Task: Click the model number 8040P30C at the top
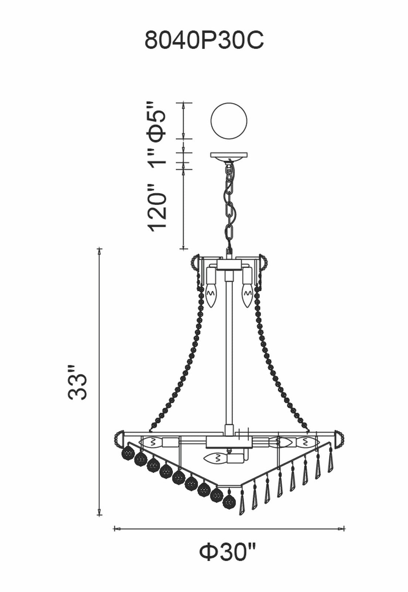[204, 40]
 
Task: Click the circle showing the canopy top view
[229, 121]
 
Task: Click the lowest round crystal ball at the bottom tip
[229, 503]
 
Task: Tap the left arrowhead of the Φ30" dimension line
[115, 529]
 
